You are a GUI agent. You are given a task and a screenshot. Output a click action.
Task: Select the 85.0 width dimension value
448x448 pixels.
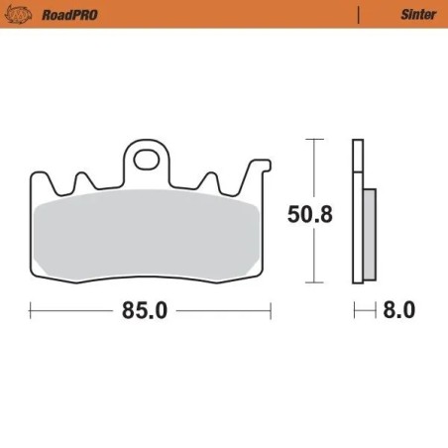[145, 310]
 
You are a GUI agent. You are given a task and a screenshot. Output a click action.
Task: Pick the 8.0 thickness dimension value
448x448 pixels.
[397, 310]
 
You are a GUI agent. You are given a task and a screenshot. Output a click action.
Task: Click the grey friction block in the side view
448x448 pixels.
[369, 233]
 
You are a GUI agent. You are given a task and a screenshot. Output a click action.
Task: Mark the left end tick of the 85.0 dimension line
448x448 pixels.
[32, 310]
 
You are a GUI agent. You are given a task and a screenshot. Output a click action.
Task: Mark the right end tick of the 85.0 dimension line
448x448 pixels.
[270, 310]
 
